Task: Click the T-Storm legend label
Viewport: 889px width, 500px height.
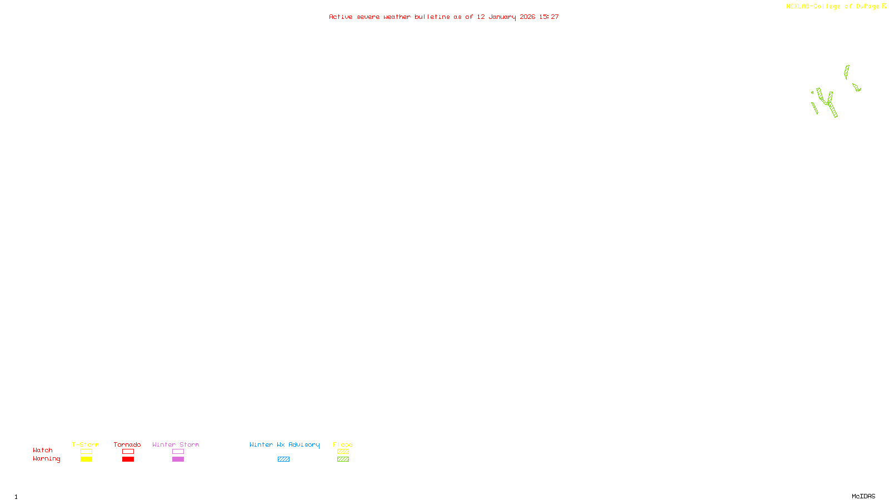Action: point(86,444)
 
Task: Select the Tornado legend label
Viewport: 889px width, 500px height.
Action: point(127,444)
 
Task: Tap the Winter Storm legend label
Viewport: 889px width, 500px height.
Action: point(176,444)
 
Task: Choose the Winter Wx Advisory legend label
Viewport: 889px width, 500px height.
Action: point(284,444)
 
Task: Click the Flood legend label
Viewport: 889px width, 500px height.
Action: point(343,444)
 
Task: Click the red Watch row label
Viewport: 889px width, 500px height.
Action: point(43,450)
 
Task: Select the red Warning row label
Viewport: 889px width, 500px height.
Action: point(46,459)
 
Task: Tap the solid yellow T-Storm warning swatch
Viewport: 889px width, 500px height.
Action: point(86,459)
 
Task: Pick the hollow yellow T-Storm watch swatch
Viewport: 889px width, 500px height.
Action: point(86,452)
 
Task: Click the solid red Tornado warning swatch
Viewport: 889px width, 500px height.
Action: point(128,459)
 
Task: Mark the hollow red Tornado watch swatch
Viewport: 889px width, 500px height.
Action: point(128,452)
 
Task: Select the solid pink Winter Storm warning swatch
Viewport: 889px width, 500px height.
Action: point(178,459)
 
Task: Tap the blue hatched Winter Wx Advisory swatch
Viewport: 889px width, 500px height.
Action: point(283,459)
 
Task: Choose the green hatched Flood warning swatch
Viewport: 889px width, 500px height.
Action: point(343,459)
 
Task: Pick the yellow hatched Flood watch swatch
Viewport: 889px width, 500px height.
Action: point(343,452)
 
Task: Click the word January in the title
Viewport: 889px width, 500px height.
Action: point(502,17)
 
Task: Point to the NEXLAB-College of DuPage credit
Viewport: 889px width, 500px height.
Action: point(833,7)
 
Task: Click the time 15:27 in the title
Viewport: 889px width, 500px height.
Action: point(549,17)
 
